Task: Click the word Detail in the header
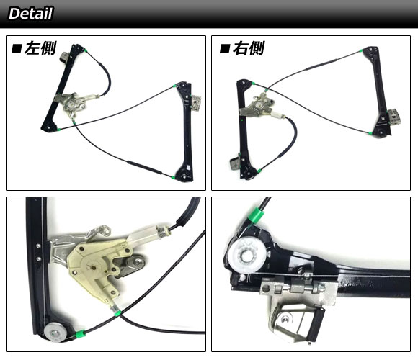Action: pos(31,13)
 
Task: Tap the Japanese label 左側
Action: pos(40,48)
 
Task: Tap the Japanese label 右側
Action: pos(249,48)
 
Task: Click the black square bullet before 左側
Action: pos(17,49)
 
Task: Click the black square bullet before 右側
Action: pos(225,49)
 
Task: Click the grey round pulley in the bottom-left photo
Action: pos(55,332)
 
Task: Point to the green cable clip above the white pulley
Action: pos(255,216)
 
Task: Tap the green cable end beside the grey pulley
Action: pos(80,333)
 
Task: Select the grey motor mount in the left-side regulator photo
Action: pos(72,104)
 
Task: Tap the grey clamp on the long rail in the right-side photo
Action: pos(394,117)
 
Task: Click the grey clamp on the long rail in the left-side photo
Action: pos(196,102)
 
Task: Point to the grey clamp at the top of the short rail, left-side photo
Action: pos(65,58)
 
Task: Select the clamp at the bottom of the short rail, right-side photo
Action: pos(235,163)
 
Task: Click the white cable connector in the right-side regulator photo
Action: pos(277,115)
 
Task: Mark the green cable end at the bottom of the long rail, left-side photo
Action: pos(174,177)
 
